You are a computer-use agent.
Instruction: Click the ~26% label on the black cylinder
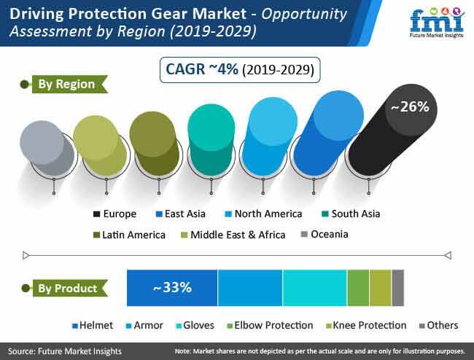click(410, 107)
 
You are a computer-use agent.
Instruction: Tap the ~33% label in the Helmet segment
click(172, 287)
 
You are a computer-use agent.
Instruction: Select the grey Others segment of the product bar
click(398, 288)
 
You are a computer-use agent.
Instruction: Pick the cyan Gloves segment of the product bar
click(315, 288)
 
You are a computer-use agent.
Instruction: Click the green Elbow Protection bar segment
click(358, 288)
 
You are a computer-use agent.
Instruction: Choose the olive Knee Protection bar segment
click(380, 288)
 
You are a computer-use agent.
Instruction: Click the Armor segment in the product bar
click(250, 288)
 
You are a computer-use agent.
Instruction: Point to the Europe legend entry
click(115, 214)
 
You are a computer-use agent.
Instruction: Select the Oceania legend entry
click(325, 234)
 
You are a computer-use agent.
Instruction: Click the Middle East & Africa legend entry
click(233, 235)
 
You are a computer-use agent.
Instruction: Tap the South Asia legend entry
click(351, 214)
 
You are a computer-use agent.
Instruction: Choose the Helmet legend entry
click(93, 325)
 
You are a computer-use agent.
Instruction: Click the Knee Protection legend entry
click(366, 325)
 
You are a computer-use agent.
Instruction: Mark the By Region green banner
click(70, 84)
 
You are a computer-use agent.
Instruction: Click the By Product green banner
click(70, 288)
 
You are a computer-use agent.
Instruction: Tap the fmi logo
click(437, 22)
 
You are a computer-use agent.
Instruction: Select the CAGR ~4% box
click(240, 70)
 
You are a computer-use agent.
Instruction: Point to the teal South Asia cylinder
click(211, 139)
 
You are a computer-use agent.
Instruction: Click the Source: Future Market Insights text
click(65, 351)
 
